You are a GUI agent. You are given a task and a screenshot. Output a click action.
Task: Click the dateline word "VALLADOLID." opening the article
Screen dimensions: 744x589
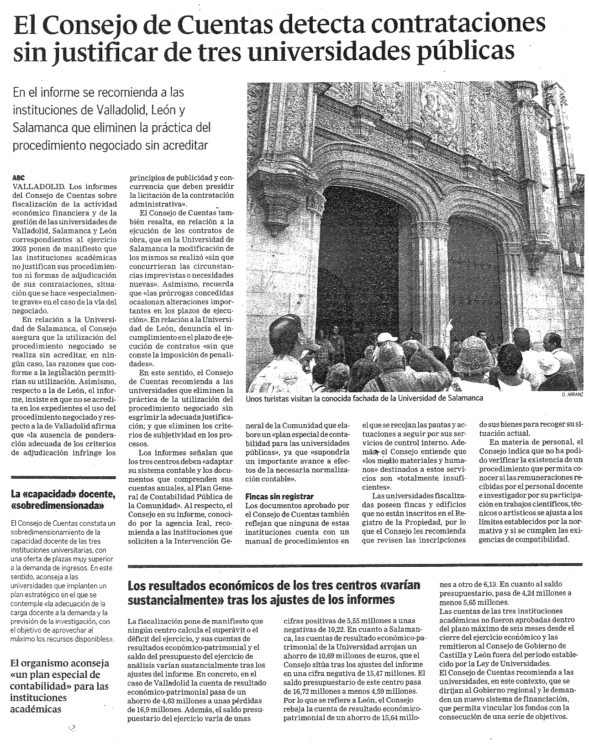tap(40, 186)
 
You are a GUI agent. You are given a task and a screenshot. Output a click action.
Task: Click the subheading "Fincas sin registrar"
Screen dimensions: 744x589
tap(279, 496)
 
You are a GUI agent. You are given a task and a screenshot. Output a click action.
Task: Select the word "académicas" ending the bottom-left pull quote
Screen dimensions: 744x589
tap(36, 709)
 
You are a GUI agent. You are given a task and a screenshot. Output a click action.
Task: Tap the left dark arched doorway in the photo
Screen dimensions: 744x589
tap(361, 251)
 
